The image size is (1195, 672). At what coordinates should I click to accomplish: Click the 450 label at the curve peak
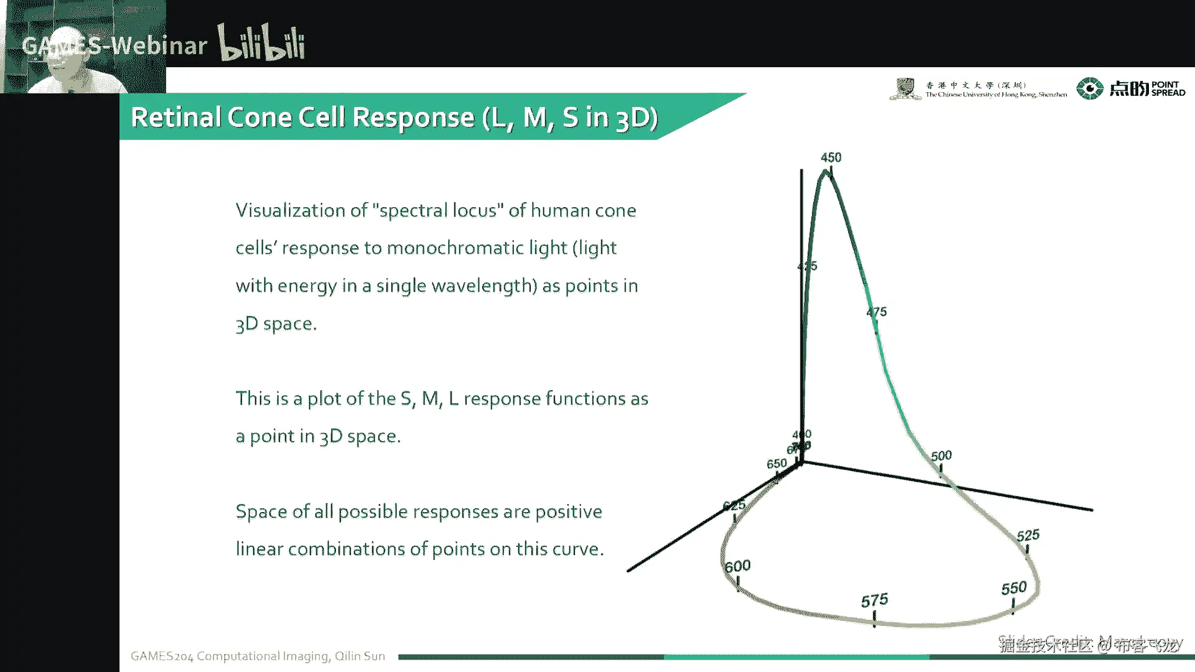(831, 157)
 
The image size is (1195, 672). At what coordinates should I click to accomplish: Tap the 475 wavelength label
(876, 312)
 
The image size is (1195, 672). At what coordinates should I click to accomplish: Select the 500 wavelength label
(941, 456)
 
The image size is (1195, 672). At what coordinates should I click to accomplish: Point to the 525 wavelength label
(1028, 535)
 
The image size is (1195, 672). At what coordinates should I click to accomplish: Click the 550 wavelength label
(1013, 588)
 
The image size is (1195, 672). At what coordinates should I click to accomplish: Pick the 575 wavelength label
(874, 600)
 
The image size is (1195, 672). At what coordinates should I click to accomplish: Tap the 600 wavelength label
(738, 566)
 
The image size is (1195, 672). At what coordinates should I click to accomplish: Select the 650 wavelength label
(776, 464)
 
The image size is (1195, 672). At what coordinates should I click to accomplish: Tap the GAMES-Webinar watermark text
(115, 45)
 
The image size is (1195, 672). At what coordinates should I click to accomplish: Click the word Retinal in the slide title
(176, 117)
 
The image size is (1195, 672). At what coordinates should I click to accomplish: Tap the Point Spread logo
(1131, 88)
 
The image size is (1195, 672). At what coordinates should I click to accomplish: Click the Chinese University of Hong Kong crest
(904, 88)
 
